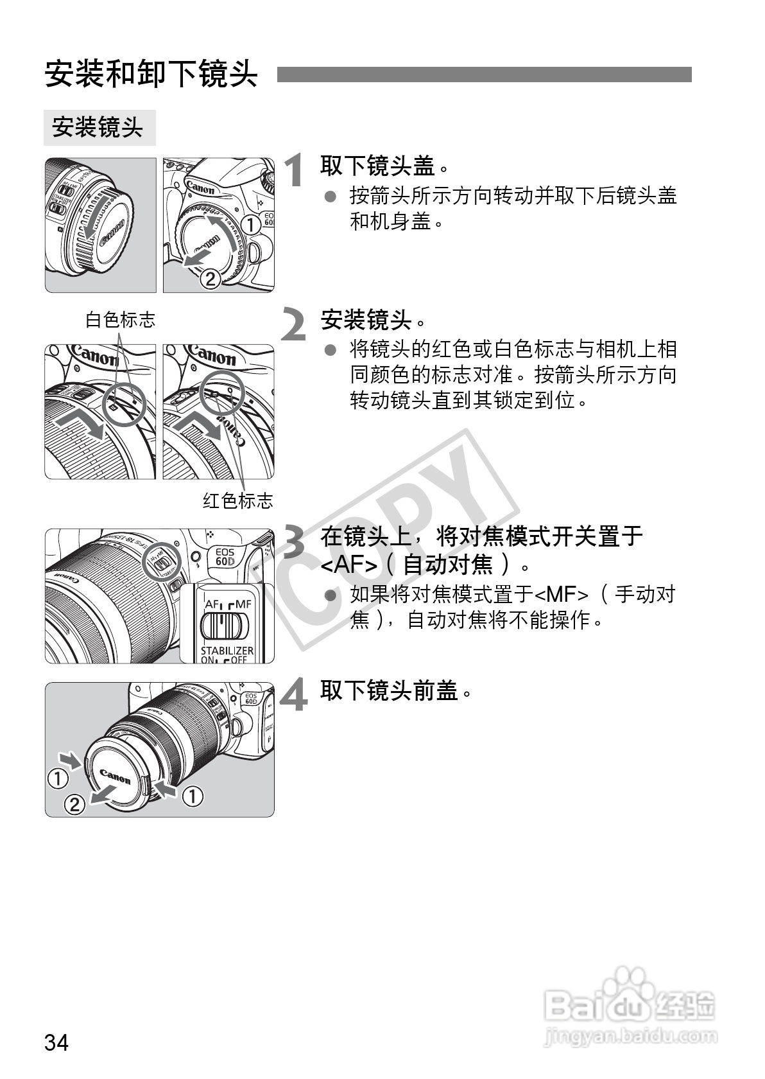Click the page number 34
[56, 1042]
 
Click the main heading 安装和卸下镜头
[151, 75]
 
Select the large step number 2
[295, 325]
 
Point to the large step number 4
[295, 696]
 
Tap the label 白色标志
[121, 319]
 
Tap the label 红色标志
[237, 500]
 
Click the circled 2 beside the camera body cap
[210, 279]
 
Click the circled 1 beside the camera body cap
[251, 225]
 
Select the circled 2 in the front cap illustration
[74, 804]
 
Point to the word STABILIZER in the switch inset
[227, 650]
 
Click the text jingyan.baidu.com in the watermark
[630, 1035]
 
